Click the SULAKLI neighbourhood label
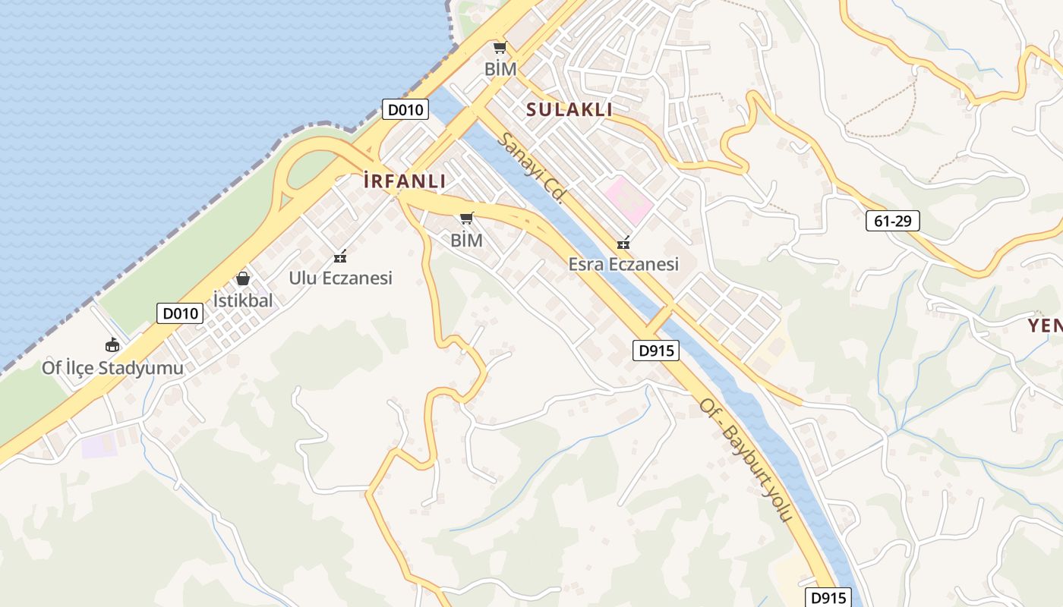(569, 109)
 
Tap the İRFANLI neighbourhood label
(405, 181)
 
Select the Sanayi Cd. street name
(531, 167)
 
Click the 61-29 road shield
(892, 221)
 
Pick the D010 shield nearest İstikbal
(180, 313)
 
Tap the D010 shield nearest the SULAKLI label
(405, 109)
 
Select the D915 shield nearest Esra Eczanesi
(655, 351)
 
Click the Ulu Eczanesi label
(340, 278)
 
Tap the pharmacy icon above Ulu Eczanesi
(340, 256)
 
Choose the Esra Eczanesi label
(623, 264)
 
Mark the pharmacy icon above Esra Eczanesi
(623, 243)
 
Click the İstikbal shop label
(242, 300)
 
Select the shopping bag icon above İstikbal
(243, 278)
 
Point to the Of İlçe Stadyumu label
(112, 368)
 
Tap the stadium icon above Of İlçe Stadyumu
(112, 345)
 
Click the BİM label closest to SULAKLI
(500, 69)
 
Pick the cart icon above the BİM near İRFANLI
(467, 219)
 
